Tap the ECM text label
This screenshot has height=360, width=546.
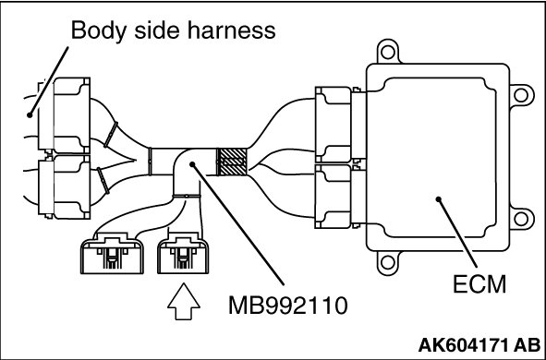coord(479,284)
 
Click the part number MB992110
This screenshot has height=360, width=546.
coord(288,306)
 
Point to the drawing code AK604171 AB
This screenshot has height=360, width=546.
coord(479,345)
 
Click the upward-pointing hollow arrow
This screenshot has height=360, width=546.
coord(184,301)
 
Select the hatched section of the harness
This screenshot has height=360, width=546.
coord(232,162)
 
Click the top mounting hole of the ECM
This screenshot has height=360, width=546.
coord(388,53)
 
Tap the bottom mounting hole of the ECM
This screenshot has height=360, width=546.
coord(388,262)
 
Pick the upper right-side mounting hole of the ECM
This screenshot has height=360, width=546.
coord(521,95)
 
